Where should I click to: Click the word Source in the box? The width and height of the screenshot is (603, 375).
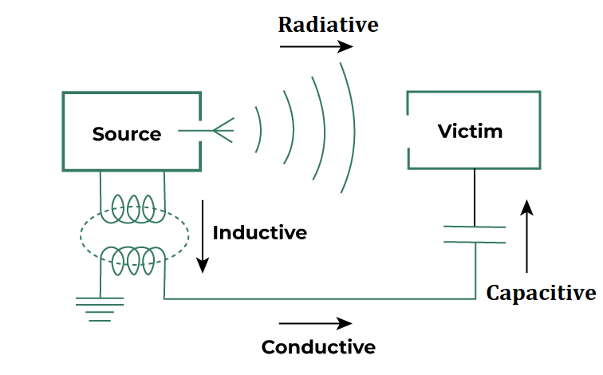click(127, 134)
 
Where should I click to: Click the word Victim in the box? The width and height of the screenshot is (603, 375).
click(471, 131)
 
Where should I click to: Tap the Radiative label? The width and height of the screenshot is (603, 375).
click(328, 25)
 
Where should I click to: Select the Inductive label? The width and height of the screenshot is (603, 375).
click(260, 233)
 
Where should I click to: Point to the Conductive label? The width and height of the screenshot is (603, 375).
click(318, 347)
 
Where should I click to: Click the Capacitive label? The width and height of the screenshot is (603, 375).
click(541, 293)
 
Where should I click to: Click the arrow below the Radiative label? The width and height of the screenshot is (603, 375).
click(316, 46)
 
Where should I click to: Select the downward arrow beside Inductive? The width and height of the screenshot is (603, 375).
click(203, 235)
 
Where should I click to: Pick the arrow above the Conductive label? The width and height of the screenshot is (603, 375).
click(316, 323)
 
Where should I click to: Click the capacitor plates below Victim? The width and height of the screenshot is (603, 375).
click(475, 235)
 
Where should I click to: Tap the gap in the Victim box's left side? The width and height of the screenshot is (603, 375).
click(408, 131)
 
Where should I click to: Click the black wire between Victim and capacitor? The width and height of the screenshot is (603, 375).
click(475, 197)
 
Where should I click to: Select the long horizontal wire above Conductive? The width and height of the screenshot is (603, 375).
click(319, 299)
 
